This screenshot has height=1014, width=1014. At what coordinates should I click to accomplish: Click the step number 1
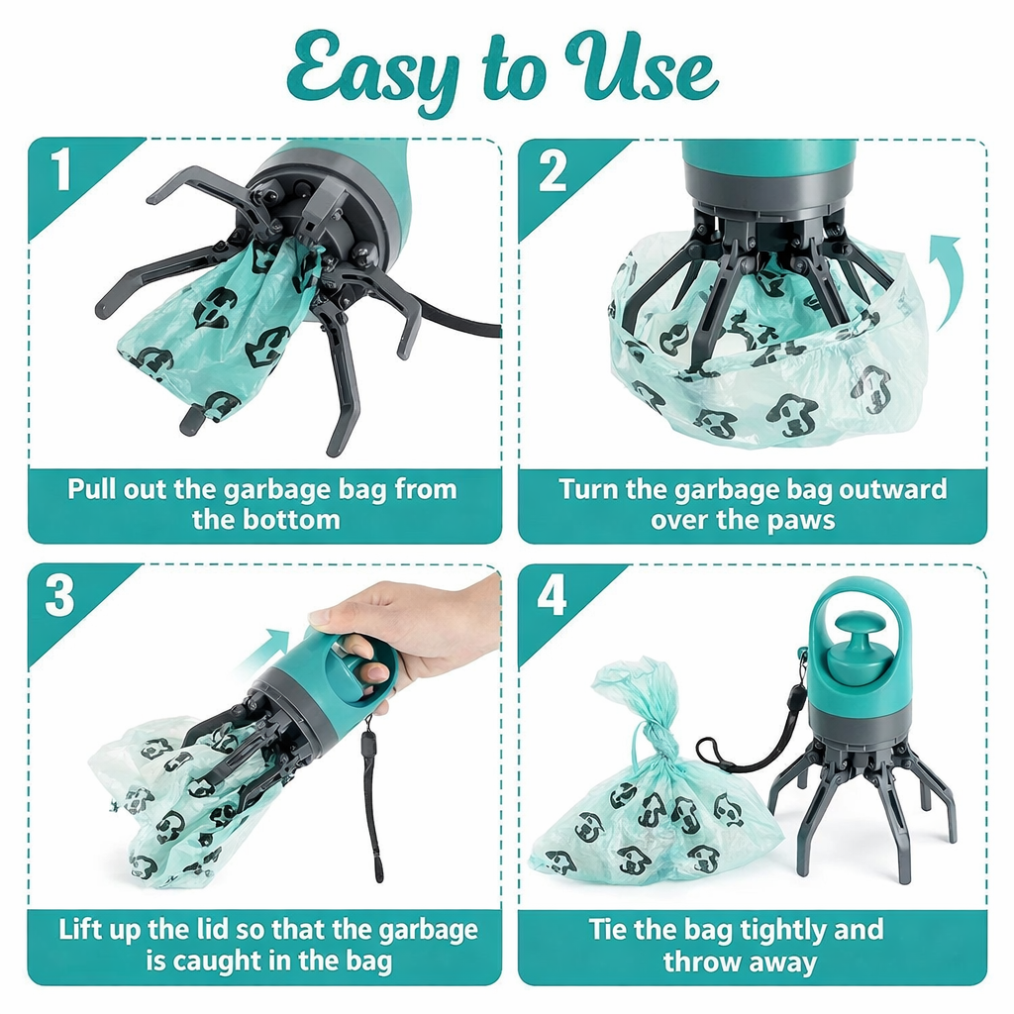click(61, 169)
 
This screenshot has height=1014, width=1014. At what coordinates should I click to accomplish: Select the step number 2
click(553, 170)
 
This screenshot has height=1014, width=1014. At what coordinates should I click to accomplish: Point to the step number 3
click(59, 595)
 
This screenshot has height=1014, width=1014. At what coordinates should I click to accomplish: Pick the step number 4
click(552, 595)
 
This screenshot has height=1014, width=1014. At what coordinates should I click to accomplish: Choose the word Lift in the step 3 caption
click(80, 929)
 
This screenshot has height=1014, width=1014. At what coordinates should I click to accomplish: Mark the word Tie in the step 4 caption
click(608, 929)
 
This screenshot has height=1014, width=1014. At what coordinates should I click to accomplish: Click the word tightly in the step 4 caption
click(783, 932)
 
